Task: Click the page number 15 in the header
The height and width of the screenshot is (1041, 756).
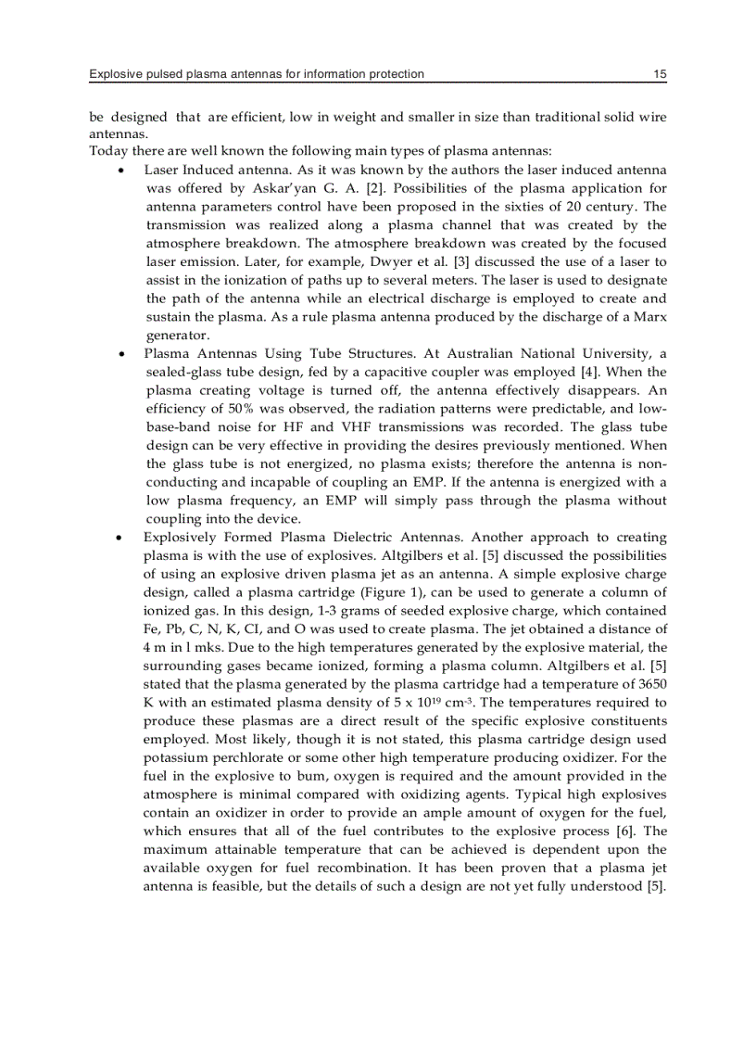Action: (x=660, y=73)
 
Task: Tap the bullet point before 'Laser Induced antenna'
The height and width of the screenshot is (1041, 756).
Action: (x=122, y=171)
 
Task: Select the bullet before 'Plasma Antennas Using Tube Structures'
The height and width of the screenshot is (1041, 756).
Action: (x=122, y=354)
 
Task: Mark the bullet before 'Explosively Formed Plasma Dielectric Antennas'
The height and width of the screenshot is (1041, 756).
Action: (x=122, y=538)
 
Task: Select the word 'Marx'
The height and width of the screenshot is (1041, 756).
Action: (x=649, y=317)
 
